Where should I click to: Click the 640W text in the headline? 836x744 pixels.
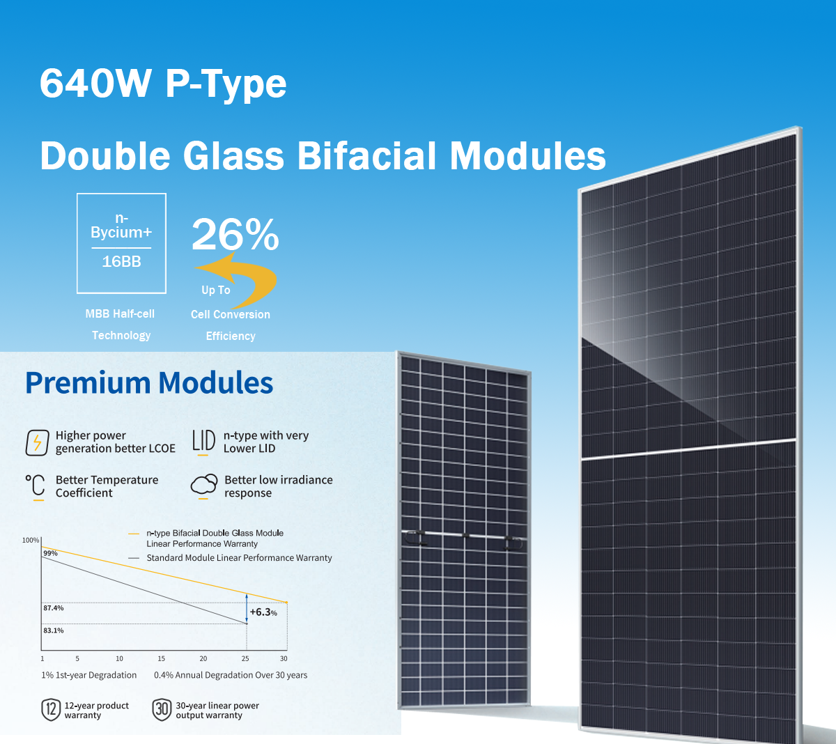point(95,83)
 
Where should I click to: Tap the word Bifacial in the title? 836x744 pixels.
point(366,155)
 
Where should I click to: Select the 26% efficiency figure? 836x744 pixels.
point(235,234)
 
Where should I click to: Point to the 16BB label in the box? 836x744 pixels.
point(121,262)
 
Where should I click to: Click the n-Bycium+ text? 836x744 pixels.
point(121,225)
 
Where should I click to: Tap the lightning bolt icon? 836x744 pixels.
point(37,442)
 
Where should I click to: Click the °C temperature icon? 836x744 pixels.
point(36,487)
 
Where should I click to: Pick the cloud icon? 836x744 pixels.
point(204,486)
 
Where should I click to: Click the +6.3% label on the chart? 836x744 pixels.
point(263,612)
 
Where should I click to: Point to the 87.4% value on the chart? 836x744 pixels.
point(54,608)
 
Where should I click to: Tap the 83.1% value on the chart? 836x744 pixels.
point(54,630)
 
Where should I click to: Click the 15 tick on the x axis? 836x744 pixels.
point(162,658)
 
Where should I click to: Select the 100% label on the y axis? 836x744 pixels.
point(31,540)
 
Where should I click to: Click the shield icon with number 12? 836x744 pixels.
point(51,710)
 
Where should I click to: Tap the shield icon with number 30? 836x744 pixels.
point(162,710)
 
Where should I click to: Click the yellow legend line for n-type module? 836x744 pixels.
point(134,534)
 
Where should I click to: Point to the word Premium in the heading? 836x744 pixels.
point(88,383)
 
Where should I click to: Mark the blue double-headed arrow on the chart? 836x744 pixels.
point(247,608)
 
